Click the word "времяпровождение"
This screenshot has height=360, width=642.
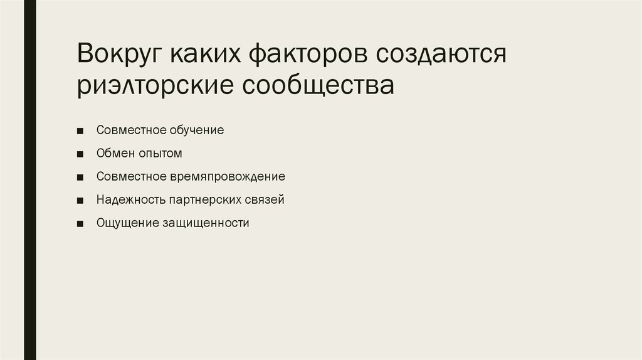tap(227, 177)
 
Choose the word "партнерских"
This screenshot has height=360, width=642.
tap(203, 200)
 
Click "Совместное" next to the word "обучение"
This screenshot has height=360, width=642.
tap(130, 130)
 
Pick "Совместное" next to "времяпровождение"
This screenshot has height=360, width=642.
tap(130, 177)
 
